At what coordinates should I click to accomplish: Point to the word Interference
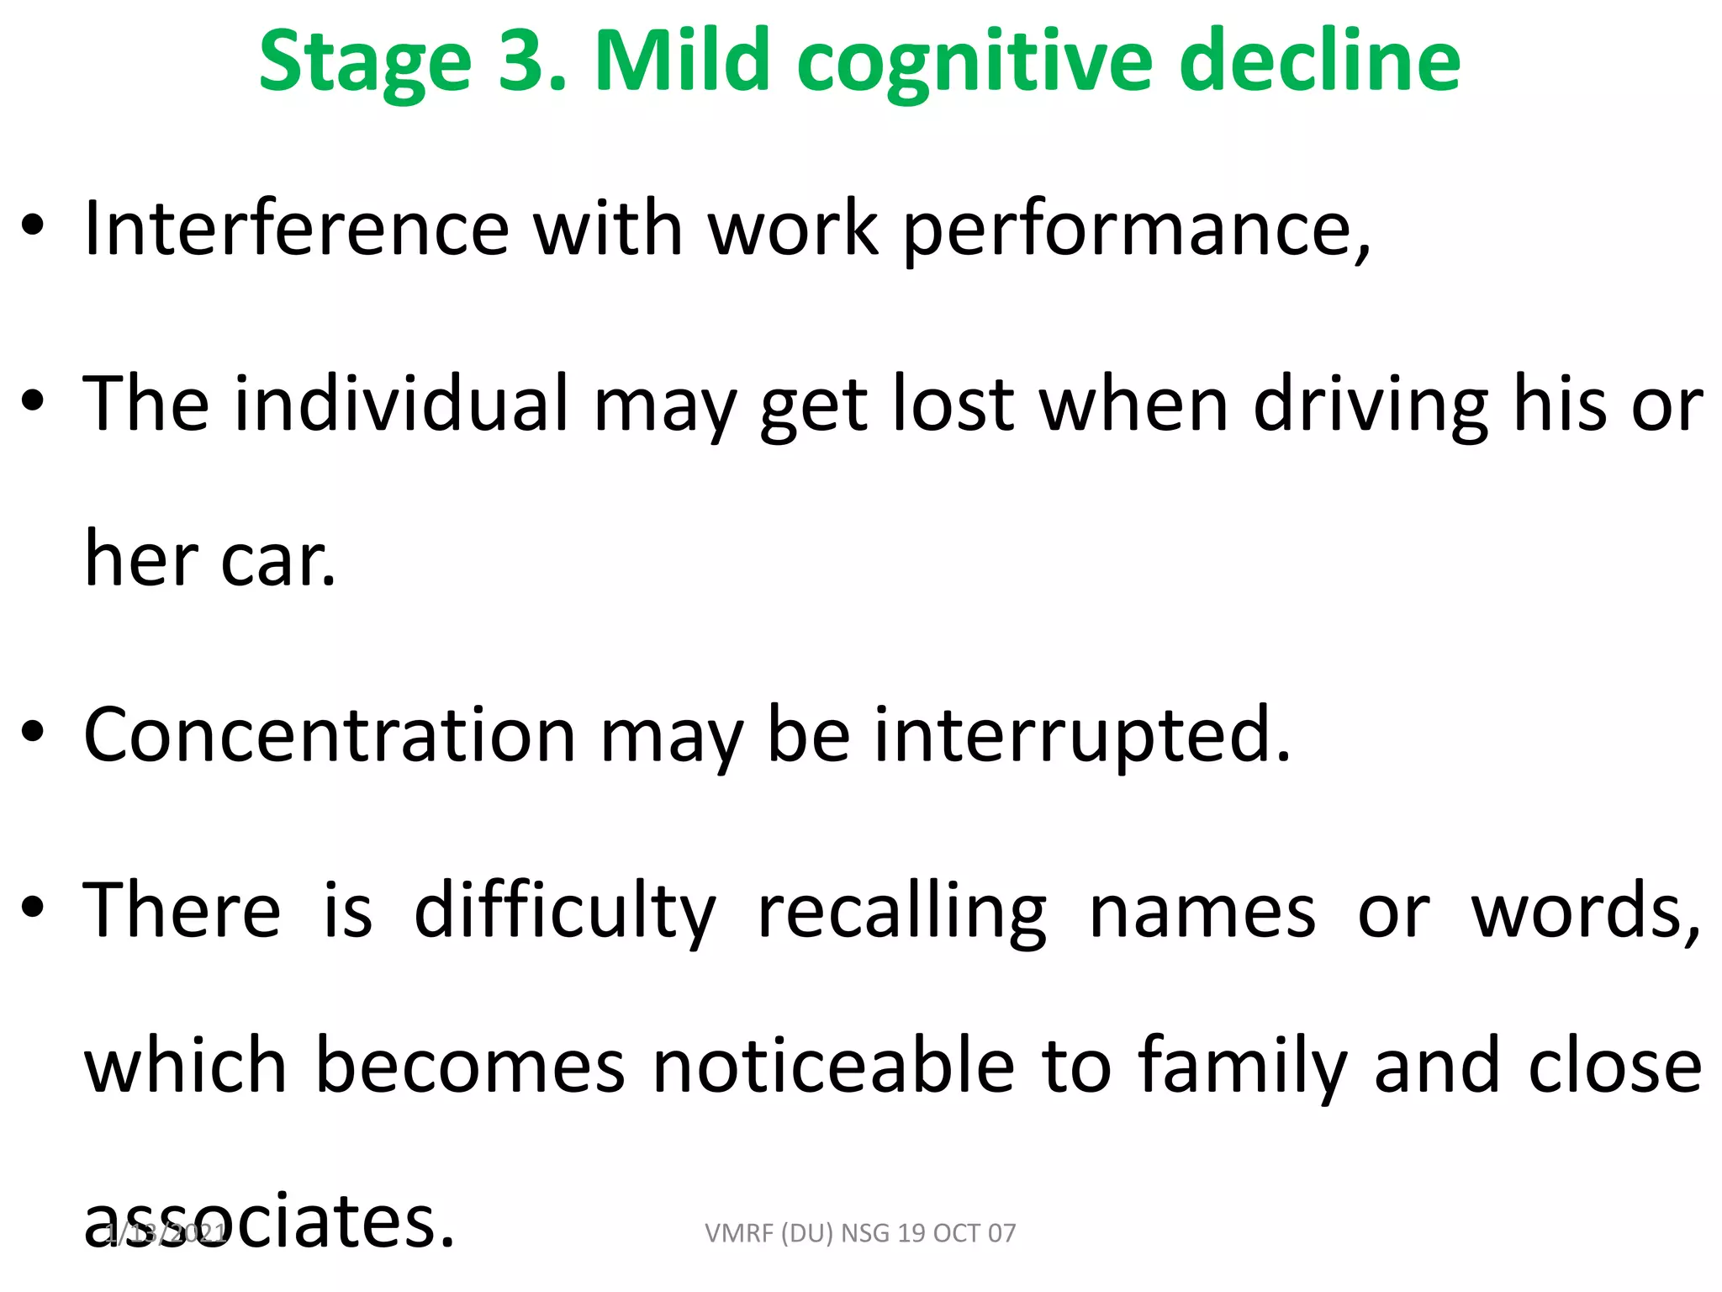pos(297,229)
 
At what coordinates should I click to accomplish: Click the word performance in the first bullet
pos(1135,232)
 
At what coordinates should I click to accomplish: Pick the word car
pos(277,561)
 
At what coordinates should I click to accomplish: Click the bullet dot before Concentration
pos(33,731)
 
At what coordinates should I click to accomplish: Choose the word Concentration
pos(329,735)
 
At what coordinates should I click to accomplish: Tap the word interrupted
pos(1081,737)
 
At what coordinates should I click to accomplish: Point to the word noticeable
pos(833,1067)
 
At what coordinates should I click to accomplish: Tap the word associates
pos(269,1221)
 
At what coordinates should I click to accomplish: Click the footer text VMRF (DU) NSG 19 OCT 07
pos(860,1233)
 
